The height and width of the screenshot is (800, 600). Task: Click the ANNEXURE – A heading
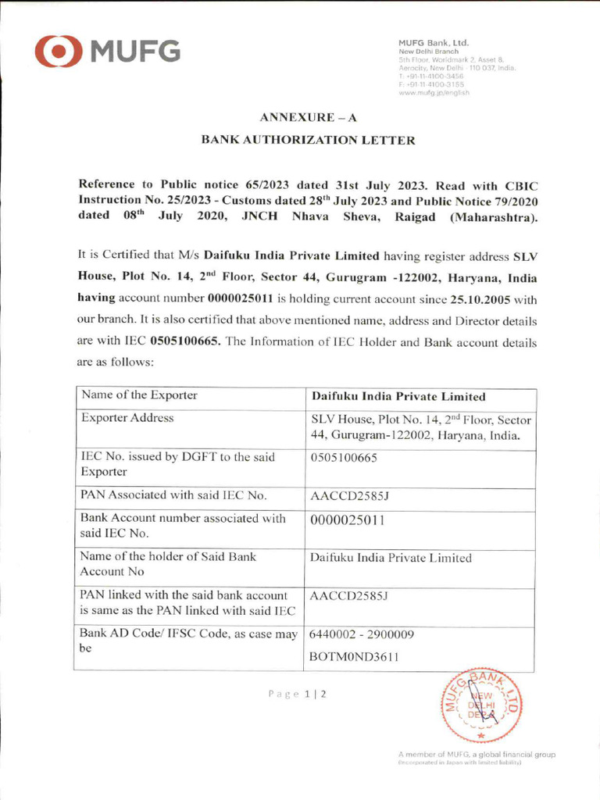[x=308, y=117]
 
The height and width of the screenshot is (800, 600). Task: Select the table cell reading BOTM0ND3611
[x=355, y=658]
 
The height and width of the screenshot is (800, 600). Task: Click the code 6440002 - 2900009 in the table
[x=362, y=634]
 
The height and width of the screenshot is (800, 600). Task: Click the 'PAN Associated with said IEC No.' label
[x=174, y=495]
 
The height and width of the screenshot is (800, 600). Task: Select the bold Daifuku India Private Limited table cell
[x=398, y=397]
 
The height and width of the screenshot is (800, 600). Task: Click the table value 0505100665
[x=344, y=458]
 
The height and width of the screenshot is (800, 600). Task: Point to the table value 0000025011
[x=348, y=519]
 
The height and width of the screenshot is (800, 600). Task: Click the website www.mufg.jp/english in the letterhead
[x=434, y=92]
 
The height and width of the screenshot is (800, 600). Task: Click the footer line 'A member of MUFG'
[x=477, y=755]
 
